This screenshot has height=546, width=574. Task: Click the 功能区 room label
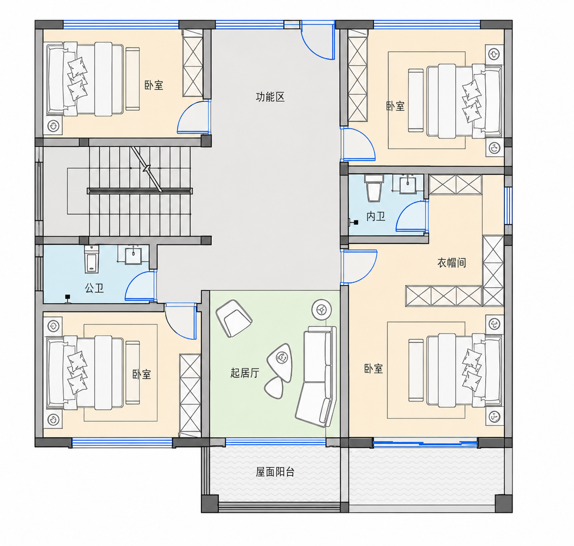click(270, 97)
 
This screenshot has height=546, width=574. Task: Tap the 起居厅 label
click(245, 373)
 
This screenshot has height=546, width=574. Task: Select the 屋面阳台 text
click(275, 472)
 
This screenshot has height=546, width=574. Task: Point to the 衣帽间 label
click(452, 263)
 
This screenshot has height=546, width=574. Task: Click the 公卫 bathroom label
click(94, 288)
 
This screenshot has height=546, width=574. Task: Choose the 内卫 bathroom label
click(376, 217)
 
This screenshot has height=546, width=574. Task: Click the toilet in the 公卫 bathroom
click(92, 259)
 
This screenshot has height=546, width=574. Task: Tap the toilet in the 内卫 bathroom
click(374, 188)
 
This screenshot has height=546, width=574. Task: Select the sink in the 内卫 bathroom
click(408, 184)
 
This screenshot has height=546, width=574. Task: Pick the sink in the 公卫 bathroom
click(133, 256)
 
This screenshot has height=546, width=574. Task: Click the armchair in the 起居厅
click(233, 318)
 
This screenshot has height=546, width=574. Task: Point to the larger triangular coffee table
click(280, 362)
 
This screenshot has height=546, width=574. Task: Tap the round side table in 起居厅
click(321, 309)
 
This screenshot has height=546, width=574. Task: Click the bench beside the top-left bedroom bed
click(133, 79)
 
